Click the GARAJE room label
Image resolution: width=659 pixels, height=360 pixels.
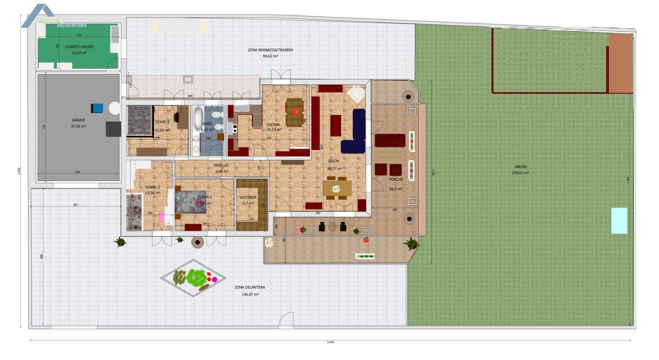(x=78, y=120)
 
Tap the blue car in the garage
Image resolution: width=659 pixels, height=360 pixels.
(x=97, y=108)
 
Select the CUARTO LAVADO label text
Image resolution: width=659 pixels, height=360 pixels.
(x=79, y=47)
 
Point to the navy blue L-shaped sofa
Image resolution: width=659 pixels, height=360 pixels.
(x=356, y=134)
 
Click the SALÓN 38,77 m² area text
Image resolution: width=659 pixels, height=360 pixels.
(x=334, y=169)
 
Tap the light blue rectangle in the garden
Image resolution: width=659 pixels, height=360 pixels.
(x=619, y=221)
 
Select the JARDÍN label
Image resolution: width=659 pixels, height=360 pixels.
(x=520, y=167)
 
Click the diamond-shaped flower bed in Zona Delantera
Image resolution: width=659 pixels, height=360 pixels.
(x=194, y=278)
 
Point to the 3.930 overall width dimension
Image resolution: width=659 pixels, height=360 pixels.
(x=330, y=342)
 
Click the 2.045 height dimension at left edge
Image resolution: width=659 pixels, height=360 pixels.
(x=20, y=171)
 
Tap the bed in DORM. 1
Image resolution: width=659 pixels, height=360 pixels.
(x=190, y=202)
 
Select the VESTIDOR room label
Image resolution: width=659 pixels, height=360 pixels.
(x=248, y=197)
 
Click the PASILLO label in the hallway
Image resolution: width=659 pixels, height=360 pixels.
(x=221, y=165)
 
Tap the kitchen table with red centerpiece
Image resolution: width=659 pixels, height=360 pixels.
(x=294, y=112)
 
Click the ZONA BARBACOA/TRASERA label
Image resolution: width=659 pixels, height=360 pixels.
(x=270, y=50)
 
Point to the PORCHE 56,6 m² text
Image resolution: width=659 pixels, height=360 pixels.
(x=396, y=188)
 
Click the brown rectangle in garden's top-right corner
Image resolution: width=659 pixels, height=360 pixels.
(x=621, y=63)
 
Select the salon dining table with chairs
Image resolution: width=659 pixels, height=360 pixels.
(x=337, y=188)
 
